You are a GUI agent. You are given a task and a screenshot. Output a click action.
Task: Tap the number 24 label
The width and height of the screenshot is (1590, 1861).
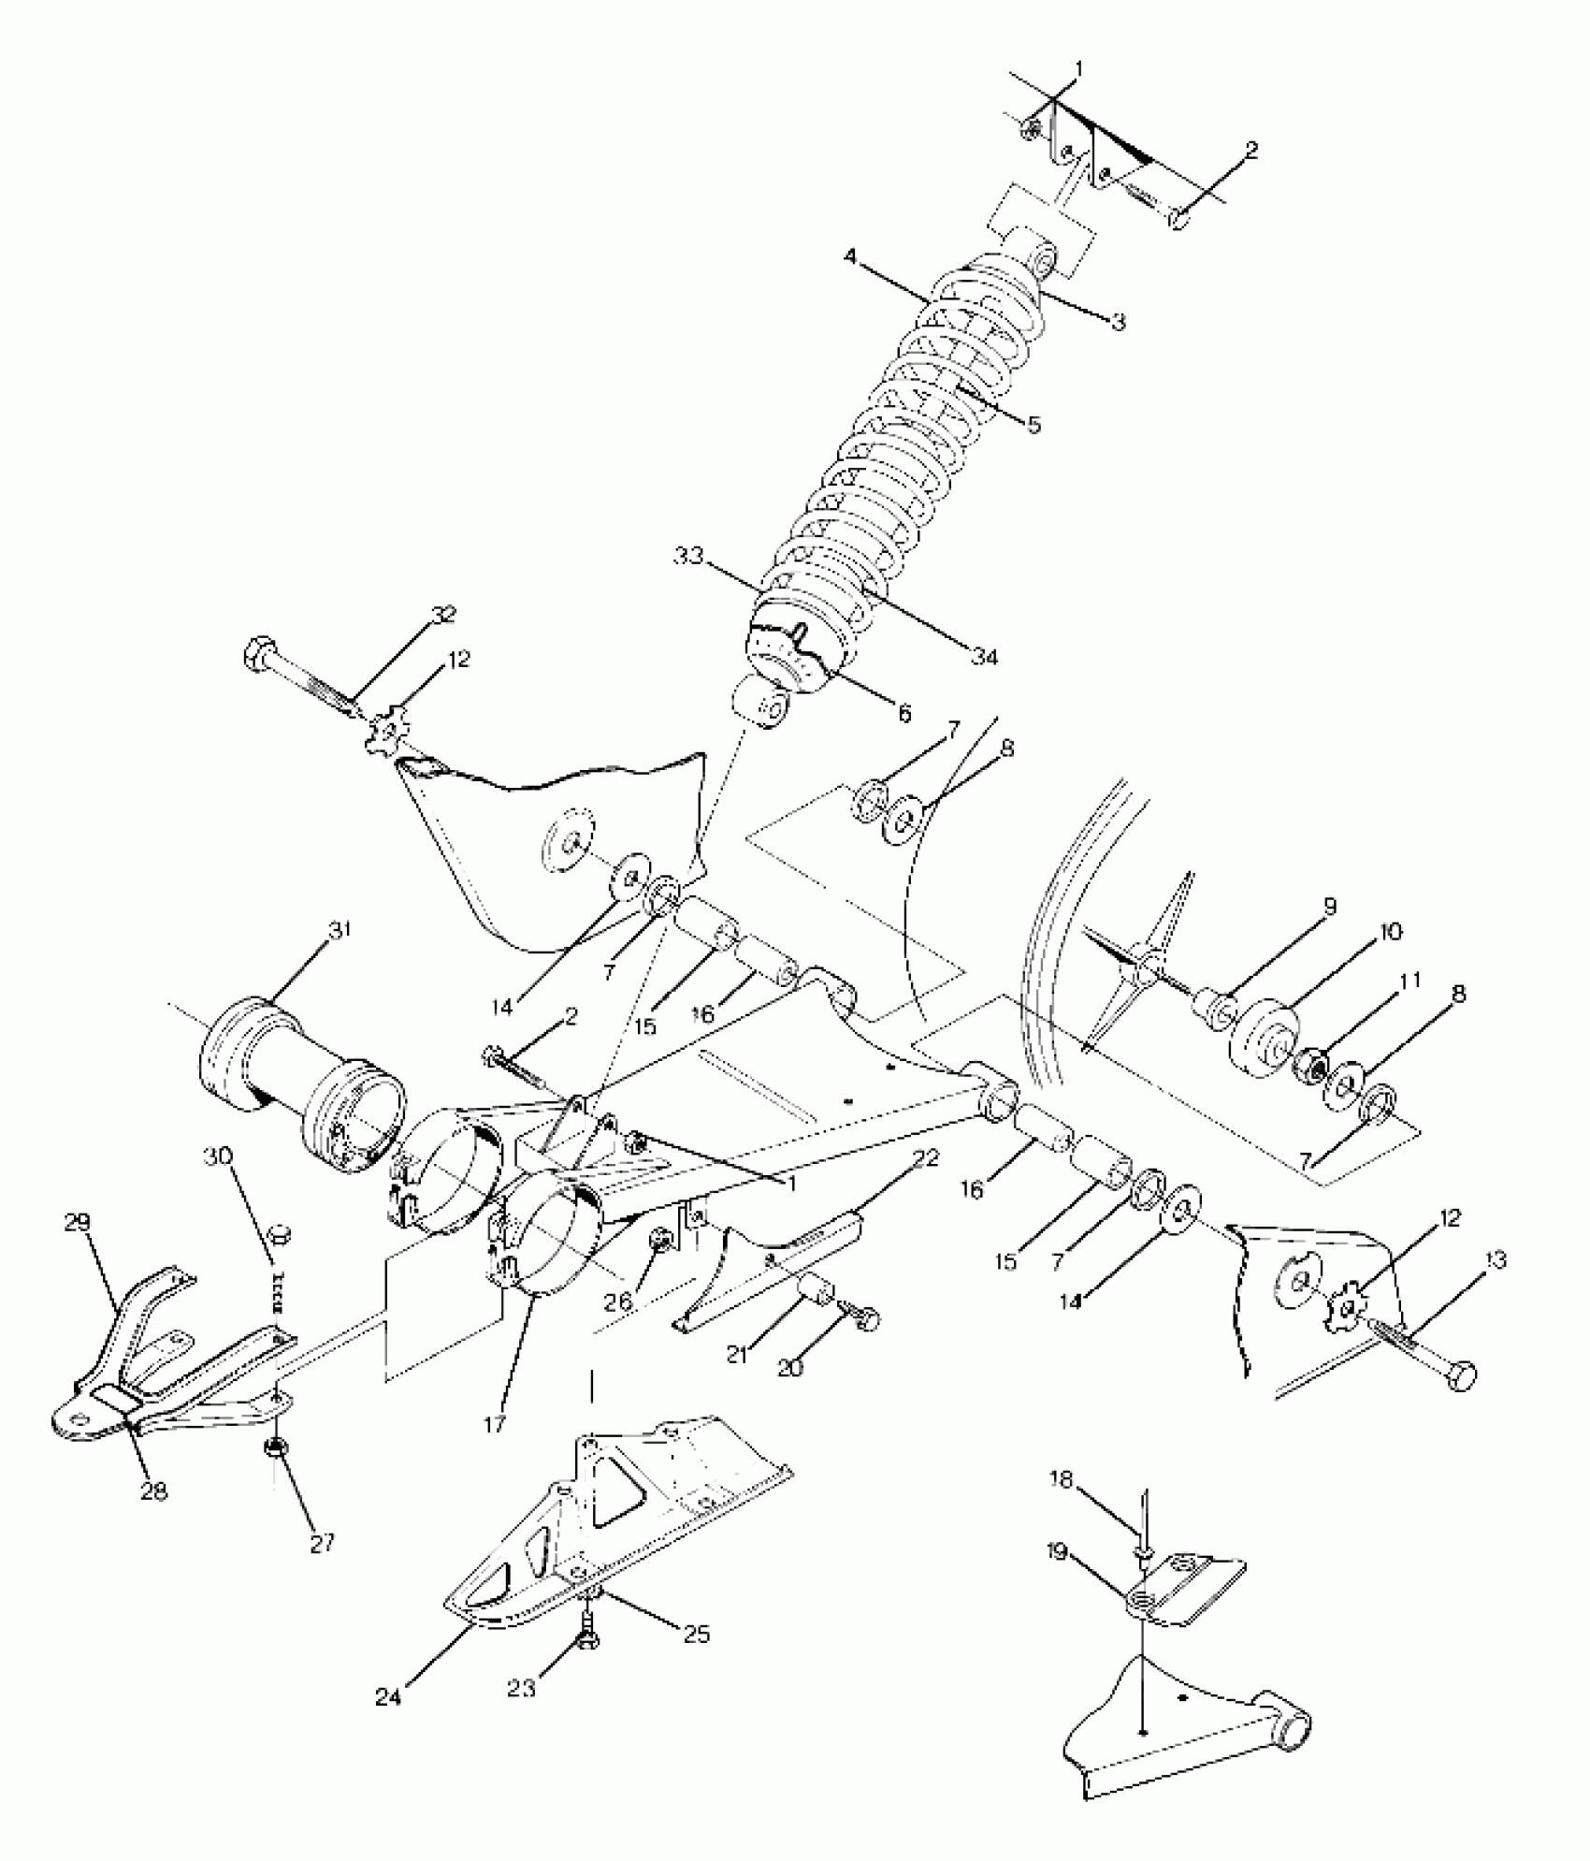pos(389,1697)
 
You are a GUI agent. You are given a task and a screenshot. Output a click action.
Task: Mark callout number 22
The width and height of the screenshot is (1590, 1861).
pos(925,1157)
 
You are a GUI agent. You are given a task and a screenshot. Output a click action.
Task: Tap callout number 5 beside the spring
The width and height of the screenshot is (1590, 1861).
pos(1033,424)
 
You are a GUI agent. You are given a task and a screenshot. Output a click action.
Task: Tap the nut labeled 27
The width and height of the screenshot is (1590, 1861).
pos(276,1475)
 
